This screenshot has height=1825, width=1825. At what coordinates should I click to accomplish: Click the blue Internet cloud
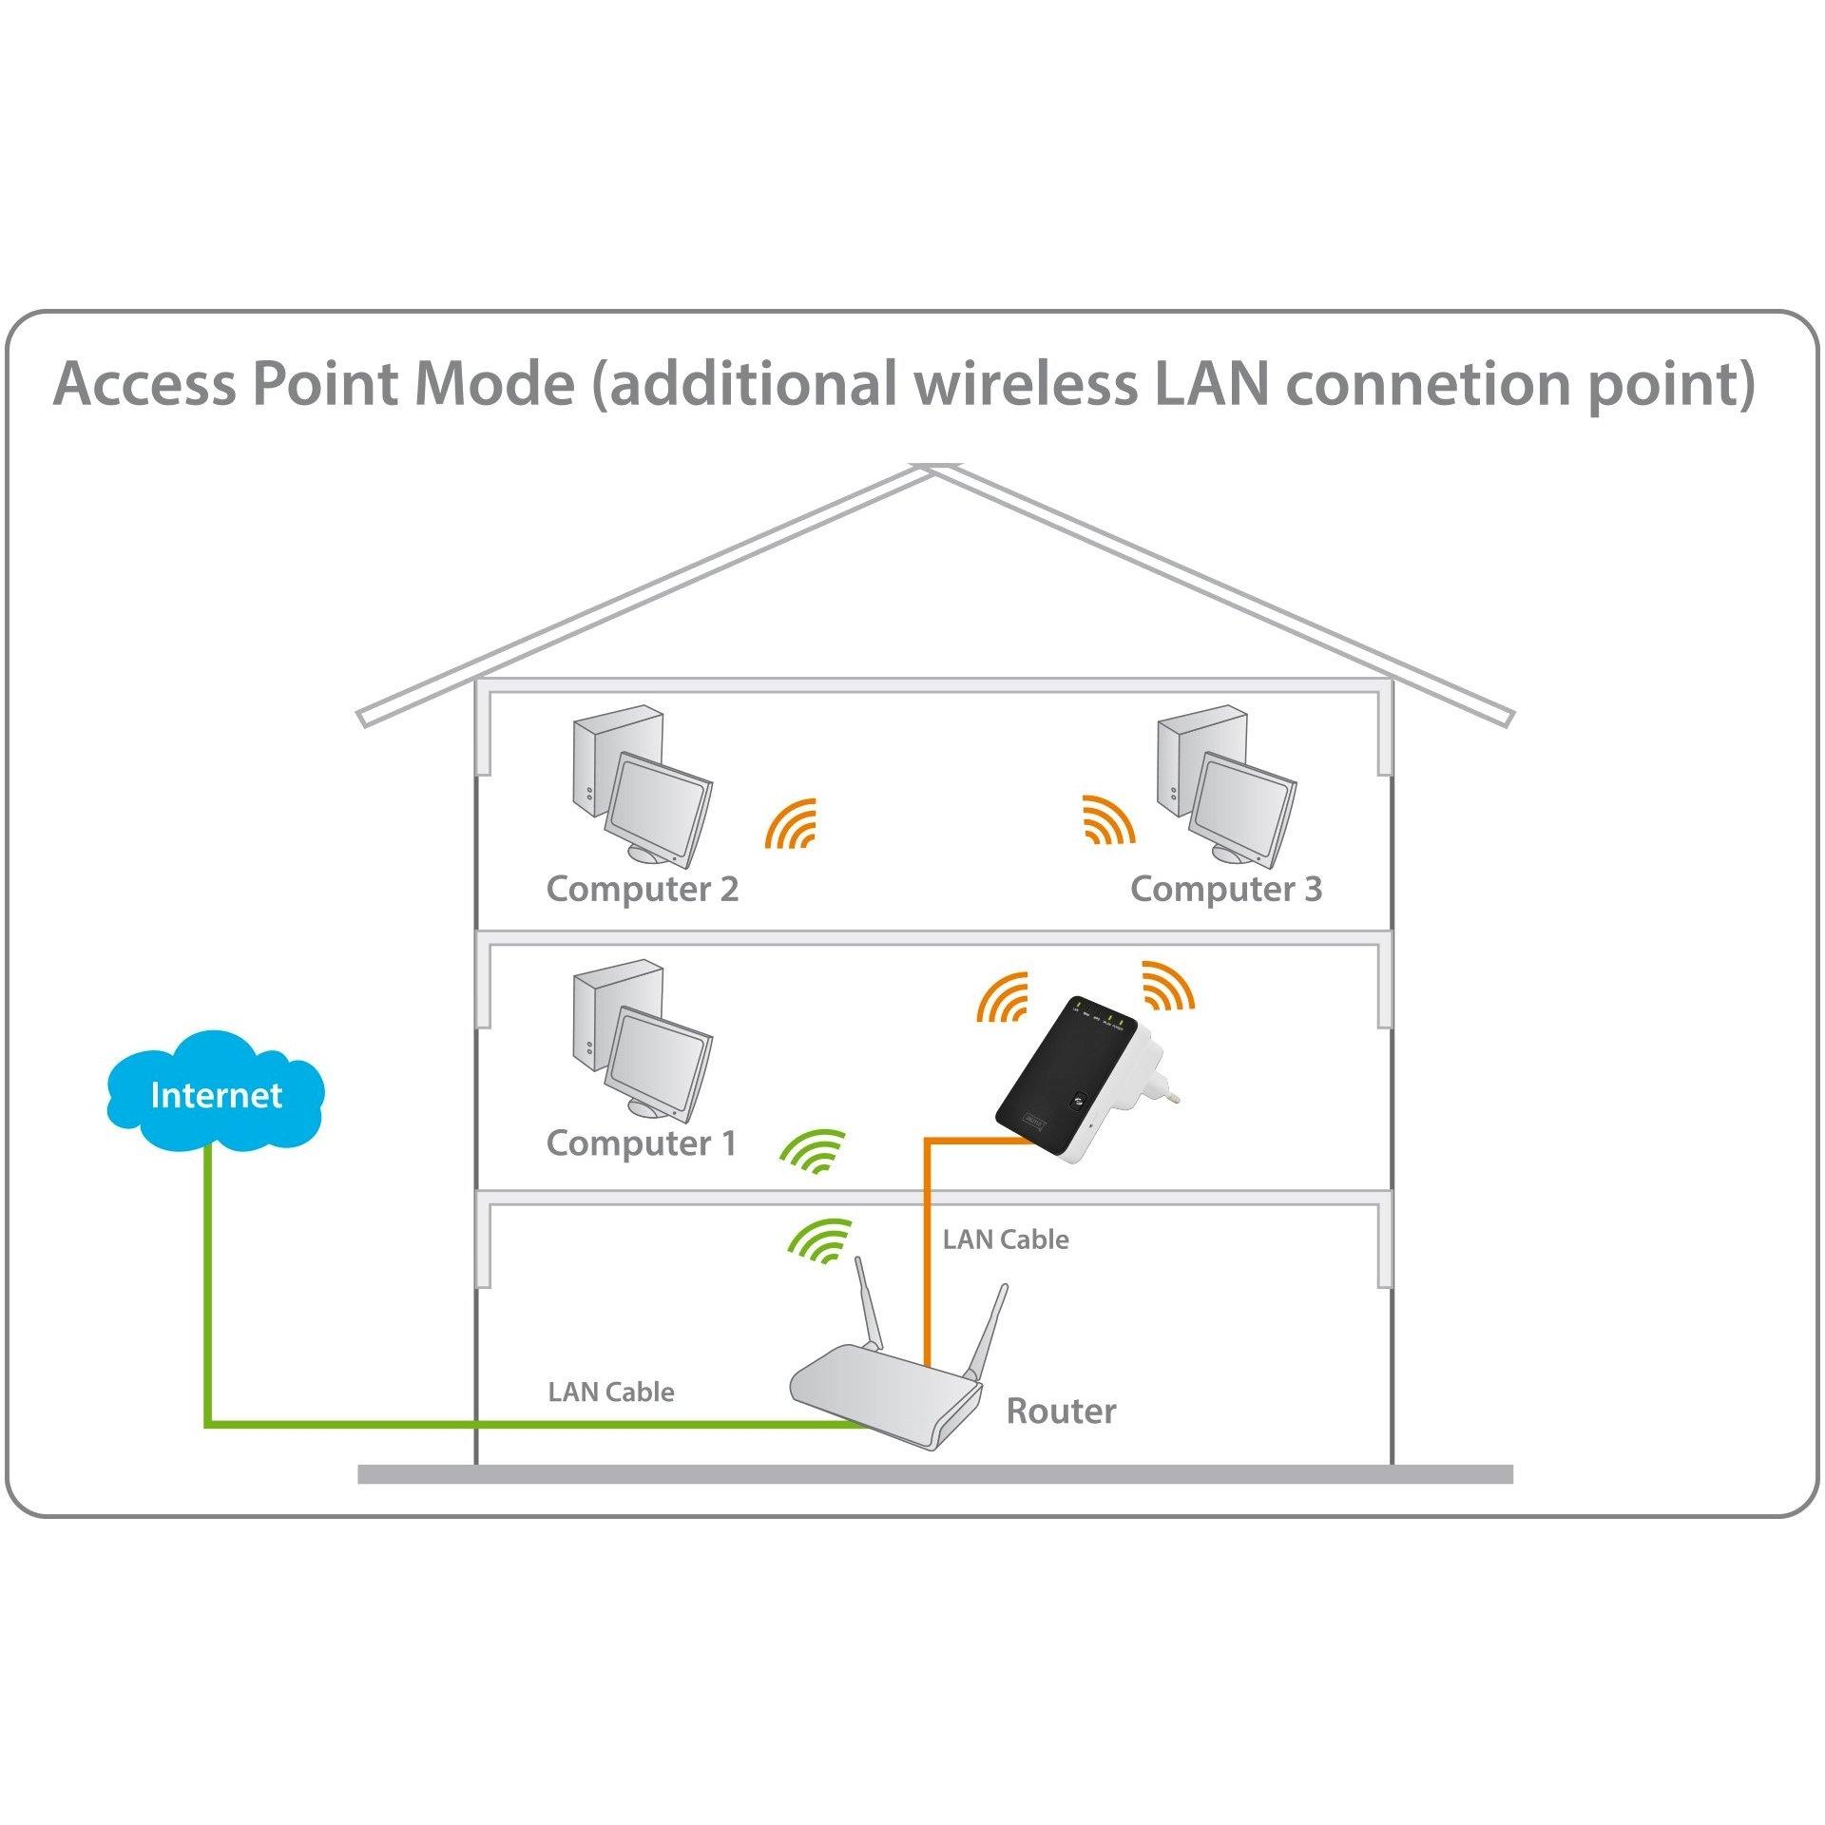coord(216,1097)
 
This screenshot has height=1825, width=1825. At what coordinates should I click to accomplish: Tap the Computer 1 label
coord(642,1144)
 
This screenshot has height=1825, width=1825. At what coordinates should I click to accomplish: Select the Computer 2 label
coord(642,890)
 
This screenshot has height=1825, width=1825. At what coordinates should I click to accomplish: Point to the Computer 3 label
coord(1225,890)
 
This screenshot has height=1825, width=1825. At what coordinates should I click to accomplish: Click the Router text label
coord(1061,1412)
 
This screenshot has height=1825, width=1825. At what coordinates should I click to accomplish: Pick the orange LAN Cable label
coord(1006,1239)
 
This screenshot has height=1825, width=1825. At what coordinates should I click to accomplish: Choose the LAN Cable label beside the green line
coord(611,1393)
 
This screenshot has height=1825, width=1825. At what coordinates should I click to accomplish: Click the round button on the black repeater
coord(1077,1100)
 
